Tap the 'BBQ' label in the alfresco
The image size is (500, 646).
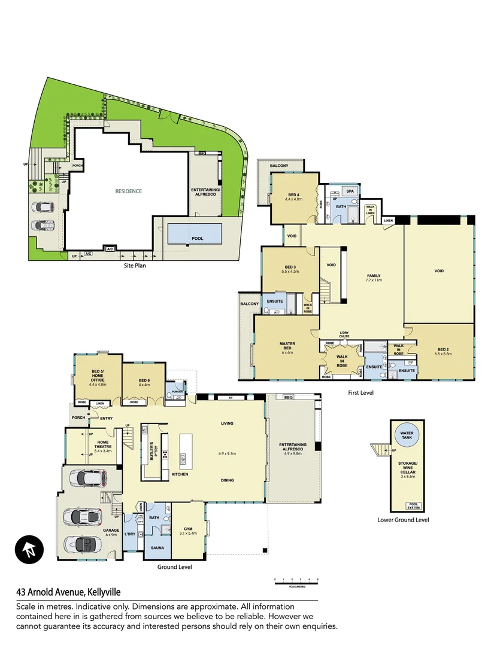(x=288, y=397)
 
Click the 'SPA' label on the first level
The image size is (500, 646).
(x=350, y=191)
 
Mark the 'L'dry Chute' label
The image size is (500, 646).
(x=344, y=334)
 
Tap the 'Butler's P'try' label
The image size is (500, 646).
(x=152, y=448)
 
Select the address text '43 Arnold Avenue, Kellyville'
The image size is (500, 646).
(x=68, y=593)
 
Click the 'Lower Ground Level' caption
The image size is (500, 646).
(x=403, y=520)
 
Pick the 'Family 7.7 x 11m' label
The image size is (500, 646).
(x=374, y=279)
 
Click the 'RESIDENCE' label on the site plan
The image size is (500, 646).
(x=129, y=191)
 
